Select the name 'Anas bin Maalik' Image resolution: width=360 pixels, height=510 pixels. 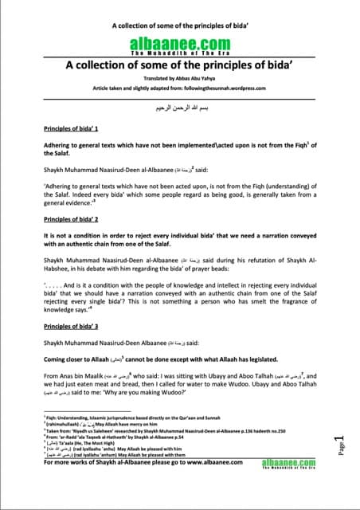click(x=89, y=367)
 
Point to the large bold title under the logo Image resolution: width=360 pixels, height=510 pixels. click(x=179, y=67)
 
